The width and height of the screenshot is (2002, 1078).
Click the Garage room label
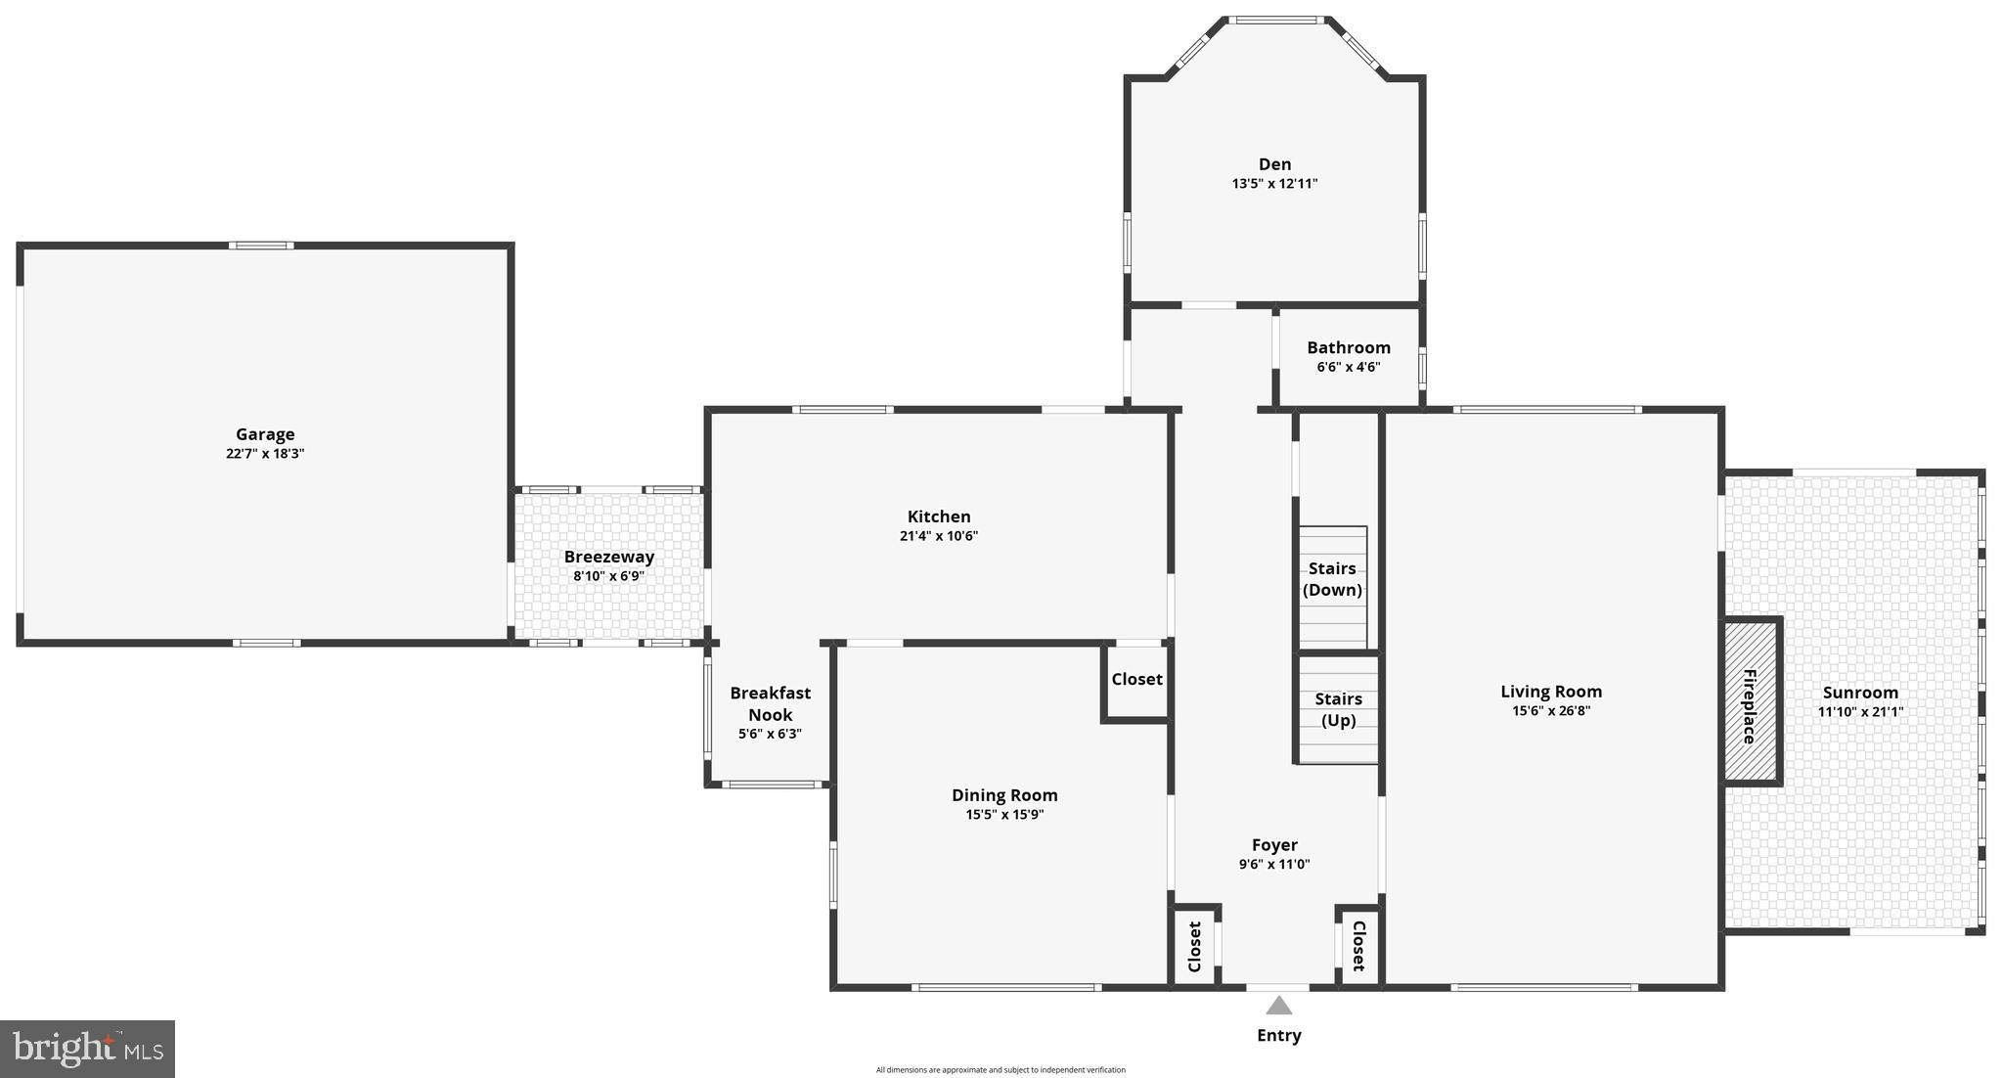(x=265, y=434)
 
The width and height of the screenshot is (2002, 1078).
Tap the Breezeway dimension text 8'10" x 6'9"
(x=608, y=576)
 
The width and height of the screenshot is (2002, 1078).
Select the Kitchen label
(x=939, y=517)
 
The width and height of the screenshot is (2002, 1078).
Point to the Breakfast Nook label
(x=770, y=703)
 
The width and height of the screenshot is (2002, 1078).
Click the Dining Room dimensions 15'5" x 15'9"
(x=1004, y=814)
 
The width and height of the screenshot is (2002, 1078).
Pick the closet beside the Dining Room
(x=1136, y=679)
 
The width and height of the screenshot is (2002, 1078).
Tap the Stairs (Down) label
(x=1332, y=579)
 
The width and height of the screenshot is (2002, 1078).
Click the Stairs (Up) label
(x=1338, y=709)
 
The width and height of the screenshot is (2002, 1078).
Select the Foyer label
(x=1274, y=845)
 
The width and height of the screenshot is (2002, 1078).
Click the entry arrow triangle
(x=1278, y=1006)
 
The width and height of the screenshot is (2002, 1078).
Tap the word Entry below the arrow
(x=1278, y=1035)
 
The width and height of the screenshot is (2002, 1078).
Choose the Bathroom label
(x=1348, y=347)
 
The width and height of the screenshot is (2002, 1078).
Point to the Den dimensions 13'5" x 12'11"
(x=1274, y=183)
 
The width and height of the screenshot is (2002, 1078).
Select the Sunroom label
(x=1860, y=693)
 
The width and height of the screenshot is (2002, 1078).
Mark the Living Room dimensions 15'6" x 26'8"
(x=1551, y=711)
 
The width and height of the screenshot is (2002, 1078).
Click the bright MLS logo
(x=87, y=1049)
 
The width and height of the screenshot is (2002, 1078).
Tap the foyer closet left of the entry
(x=1194, y=946)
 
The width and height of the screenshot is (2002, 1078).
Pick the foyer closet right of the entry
(x=1358, y=945)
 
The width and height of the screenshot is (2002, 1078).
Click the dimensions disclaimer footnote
(x=1001, y=1070)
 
